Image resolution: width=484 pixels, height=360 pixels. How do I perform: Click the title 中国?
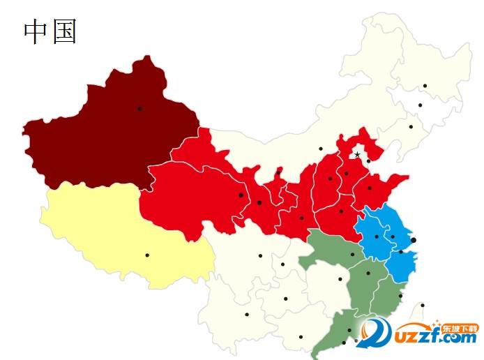[50, 31]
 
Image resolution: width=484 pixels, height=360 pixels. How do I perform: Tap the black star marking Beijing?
[357, 154]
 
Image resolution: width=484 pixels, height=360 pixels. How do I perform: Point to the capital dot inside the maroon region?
[139, 108]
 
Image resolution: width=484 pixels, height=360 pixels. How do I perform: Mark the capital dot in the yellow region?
[147, 255]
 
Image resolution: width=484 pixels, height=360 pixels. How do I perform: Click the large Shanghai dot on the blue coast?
[414, 240]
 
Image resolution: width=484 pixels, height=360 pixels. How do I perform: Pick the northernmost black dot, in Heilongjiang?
[425, 86]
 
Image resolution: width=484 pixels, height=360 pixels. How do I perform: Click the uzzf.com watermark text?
[432, 339]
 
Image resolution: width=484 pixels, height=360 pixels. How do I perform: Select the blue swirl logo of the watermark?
[375, 333]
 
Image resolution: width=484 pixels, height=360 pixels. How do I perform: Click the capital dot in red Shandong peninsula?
[370, 188]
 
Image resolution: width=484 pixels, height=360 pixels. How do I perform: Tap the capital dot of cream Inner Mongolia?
[321, 149]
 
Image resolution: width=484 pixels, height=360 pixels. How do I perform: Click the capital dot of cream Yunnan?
[247, 314]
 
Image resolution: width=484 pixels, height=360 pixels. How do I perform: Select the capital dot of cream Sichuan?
[260, 255]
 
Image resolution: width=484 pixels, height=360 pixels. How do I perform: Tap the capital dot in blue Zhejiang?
[400, 252]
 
